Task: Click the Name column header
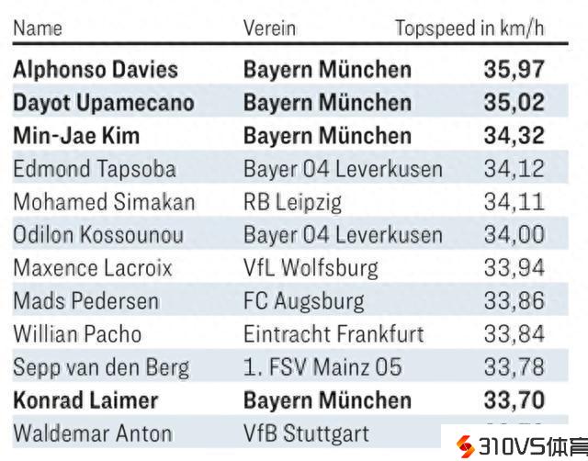(38, 28)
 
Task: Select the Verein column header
(269, 28)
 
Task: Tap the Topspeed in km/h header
(469, 28)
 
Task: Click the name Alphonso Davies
(96, 69)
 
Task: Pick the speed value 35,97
(514, 69)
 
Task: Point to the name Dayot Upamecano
(103, 102)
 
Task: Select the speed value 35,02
(514, 102)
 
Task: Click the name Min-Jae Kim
(76, 136)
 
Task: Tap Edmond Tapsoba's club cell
(343, 169)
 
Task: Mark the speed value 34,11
(514, 202)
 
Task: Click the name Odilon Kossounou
(97, 235)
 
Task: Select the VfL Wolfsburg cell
(311, 268)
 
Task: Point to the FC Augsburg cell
(303, 301)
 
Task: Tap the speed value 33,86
(514, 301)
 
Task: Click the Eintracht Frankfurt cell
(334, 334)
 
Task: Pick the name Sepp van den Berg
(101, 367)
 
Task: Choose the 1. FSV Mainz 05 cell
(322, 367)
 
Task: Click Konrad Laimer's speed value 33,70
(514, 400)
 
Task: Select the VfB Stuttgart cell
(306, 433)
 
